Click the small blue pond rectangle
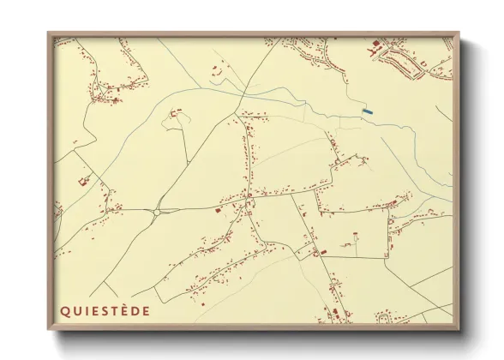pyautogui.click(x=367, y=111)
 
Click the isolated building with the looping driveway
pyautogui.click(x=177, y=112)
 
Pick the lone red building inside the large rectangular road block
pyautogui.click(x=352, y=232)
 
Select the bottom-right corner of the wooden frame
pyautogui.click(x=460, y=330)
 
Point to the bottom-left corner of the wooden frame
pyautogui.click(x=49, y=330)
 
